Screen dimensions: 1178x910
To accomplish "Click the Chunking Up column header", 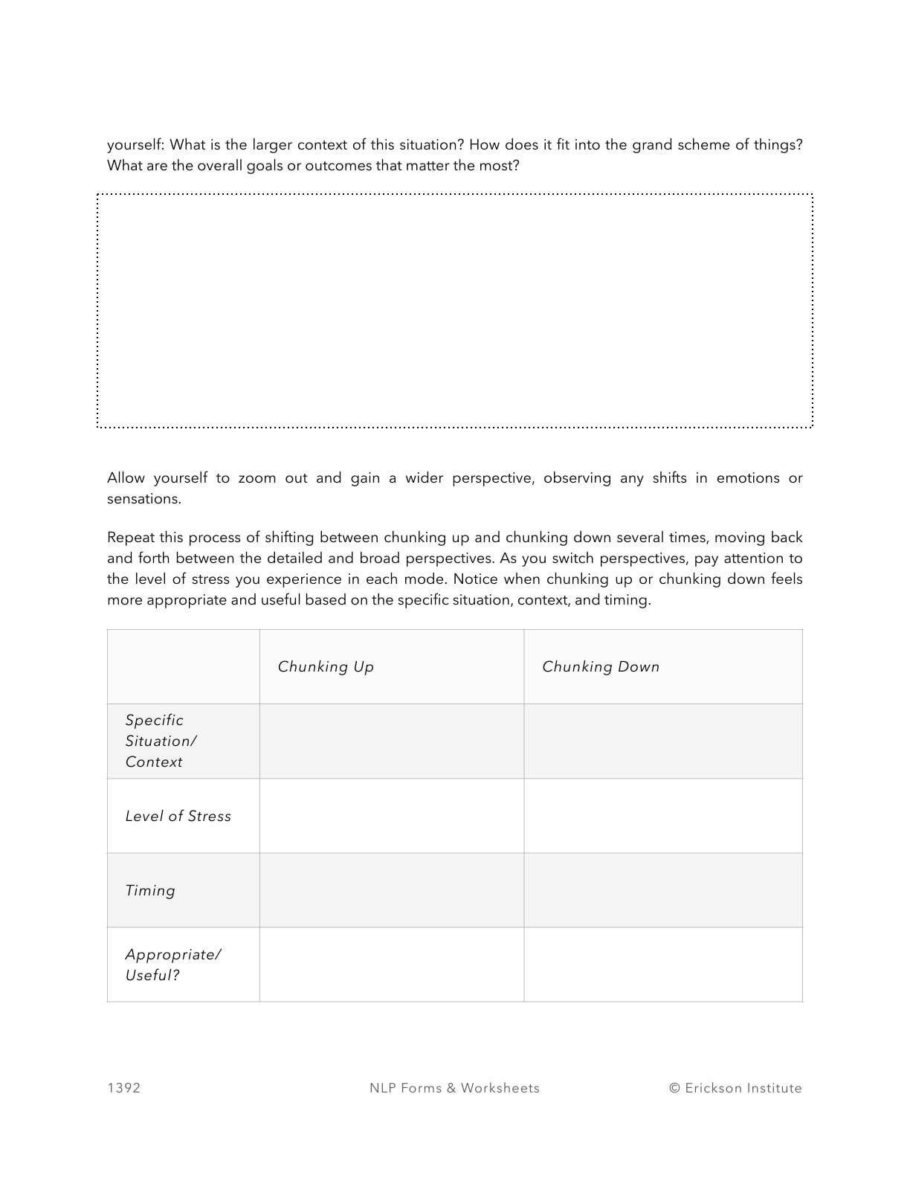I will click(326, 666).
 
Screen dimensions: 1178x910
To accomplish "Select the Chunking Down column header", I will click(600, 666).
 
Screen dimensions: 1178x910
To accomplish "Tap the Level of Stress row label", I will click(178, 816).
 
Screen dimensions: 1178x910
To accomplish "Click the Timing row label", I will click(150, 890).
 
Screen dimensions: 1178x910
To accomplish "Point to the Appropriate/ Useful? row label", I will click(172, 965).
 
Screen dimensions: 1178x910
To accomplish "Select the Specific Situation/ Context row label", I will click(161, 741).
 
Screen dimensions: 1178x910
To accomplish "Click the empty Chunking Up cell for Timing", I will click(391, 890).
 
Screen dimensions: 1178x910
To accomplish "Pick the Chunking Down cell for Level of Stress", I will click(662, 816).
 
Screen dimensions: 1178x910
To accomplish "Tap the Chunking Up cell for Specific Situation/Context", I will click(391, 741).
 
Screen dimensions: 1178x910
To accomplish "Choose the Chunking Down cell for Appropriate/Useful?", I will click(662, 965).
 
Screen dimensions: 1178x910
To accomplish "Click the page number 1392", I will click(123, 1088).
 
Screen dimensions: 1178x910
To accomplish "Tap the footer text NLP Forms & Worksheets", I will click(454, 1088).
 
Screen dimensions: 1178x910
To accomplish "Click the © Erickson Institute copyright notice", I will click(735, 1088).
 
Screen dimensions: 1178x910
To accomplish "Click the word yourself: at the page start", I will click(135, 145).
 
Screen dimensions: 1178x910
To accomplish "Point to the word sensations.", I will click(143, 499).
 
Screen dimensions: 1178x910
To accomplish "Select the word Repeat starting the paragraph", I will click(130, 538).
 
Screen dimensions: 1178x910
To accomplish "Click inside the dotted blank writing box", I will click(454, 311).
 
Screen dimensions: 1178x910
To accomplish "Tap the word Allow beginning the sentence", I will click(126, 478).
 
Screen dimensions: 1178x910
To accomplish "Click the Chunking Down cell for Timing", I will click(662, 890).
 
